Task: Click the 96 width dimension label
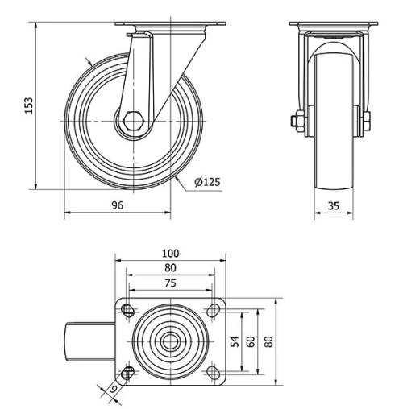tap(117, 205)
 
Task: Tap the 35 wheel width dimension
tap(333, 205)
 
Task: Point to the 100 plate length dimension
tap(170, 253)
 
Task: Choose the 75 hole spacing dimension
tap(170, 283)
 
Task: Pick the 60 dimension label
tap(251, 341)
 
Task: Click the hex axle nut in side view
tap(133, 122)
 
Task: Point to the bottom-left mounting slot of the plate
tap(127, 371)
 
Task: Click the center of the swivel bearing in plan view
tap(170, 341)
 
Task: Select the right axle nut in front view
tap(367, 122)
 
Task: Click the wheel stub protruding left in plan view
tap(89, 341)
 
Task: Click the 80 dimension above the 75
tap(170, 267)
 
